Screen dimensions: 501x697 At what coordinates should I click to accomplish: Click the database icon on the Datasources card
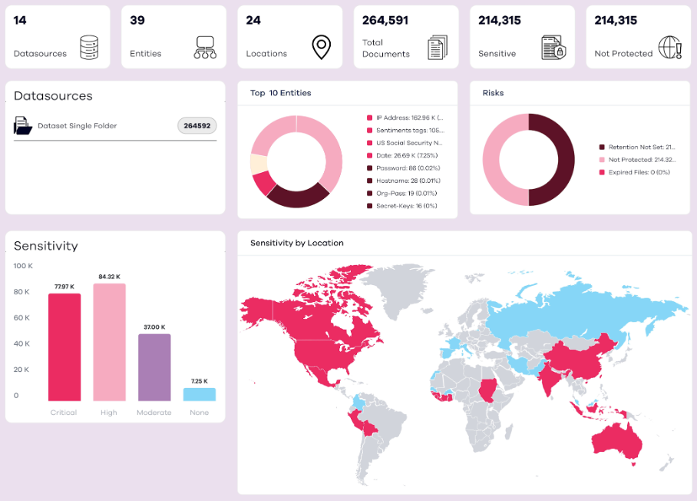tap(90, 47)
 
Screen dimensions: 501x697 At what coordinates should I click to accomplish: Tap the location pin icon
tap(321, 47)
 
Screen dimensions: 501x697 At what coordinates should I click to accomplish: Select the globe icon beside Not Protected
tap(669, 47)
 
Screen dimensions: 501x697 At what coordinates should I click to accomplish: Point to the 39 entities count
tap(137, 21)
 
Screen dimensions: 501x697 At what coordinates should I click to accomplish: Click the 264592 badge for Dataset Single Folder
tap(197, 125)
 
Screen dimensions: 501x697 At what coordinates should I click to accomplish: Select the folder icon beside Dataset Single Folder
tap(23, 125)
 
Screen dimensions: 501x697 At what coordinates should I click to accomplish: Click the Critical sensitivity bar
tap(64, 347)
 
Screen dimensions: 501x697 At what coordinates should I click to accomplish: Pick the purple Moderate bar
tap(154, 367)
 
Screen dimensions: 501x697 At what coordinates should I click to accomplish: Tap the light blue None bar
tap(199, 394)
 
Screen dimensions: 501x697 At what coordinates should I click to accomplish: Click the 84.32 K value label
tap(109, 277)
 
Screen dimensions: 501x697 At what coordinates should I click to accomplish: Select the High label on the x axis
tap(109, 413)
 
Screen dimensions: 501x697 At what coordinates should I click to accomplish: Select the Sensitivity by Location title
tap(297, 243)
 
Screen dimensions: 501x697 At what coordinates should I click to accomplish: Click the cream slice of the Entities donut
tap(258, 163)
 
